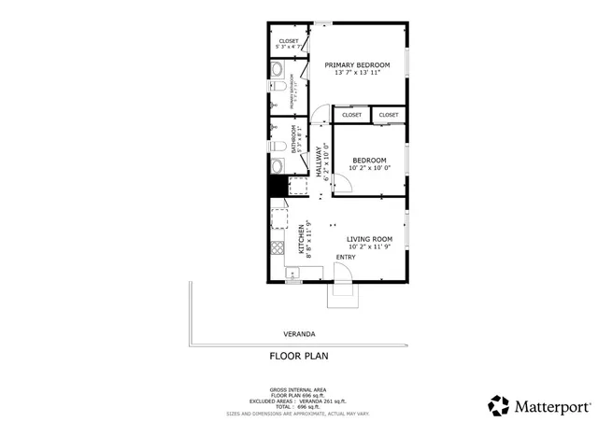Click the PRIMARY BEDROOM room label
pyautogui.click(x=357, y=64)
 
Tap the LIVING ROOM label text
pyautogui.click(x=369, y=239)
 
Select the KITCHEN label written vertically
pyautogui.click(x=301, y=240)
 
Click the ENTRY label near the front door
pyautogui.click(x=346, y=258)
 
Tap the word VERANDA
pyautogui.click(x=299, y=333)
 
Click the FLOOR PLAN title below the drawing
pyautogui.click(x=299, y=356)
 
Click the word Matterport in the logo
pyautogui.click(x=551, y=406)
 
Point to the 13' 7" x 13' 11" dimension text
pyautogui.click(x=357, y=73)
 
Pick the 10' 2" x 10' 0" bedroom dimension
pyautogui.click(x=369, y=168)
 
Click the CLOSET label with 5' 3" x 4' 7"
pyautogui.click(x=289, y=42)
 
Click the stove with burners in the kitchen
pyautogui.click(x=277, y=249)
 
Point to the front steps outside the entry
pyautogui.click(x=340, y=296)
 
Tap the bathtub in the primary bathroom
pyautogui.click(x=278, y=70)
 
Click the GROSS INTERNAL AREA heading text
pyautogui.click(x=299, y=388)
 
